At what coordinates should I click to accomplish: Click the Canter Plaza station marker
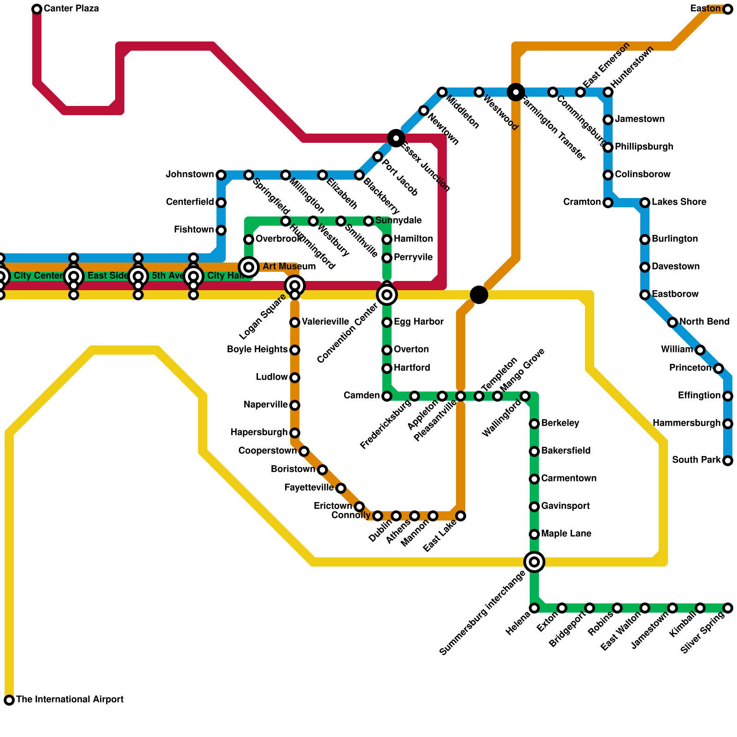pyautogui.click(x=37, y=9)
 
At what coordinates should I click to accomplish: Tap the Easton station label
pyautogui.click(x=705, y=9)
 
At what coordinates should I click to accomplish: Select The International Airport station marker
pyautogui.click(x=9, y=700)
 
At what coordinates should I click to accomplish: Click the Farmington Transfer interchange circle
pyautogui.click(x=516, y=92)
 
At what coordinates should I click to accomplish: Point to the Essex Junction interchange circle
pyautogui.click(x=396, y=138)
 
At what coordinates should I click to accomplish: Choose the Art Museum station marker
pyautogui.click(x=249, y=267)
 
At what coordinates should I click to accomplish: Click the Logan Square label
pyautogui.click(x=262, y=317)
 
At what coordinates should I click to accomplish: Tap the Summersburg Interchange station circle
pyautogui.click(x=534, y=562)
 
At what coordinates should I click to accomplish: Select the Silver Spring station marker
pyautogui.click(x=728, y=608)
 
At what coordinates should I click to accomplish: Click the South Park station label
pyautogui.click(x=696, y=460)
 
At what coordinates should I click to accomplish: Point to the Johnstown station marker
pyautogui.click(x=221, y=175)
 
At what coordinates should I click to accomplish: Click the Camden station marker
pyautogui.click(x=387, y=396)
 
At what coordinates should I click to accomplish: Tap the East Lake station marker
pyautogui.click(x=461, y=516)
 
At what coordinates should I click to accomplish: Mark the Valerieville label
pyautogui.click(x=325, y=322)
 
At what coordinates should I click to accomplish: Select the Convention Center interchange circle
pyautogui.click(x=387, y=295)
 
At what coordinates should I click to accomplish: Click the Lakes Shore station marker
pyautogui.click(x=645, y=203)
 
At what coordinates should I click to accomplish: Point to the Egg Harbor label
pyautogui.click(x=419, y=322)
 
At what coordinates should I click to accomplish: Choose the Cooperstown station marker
pyautogui.click(x=304, y=451)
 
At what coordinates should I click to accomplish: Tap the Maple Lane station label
pyautogui.click(x=566, y=534)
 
